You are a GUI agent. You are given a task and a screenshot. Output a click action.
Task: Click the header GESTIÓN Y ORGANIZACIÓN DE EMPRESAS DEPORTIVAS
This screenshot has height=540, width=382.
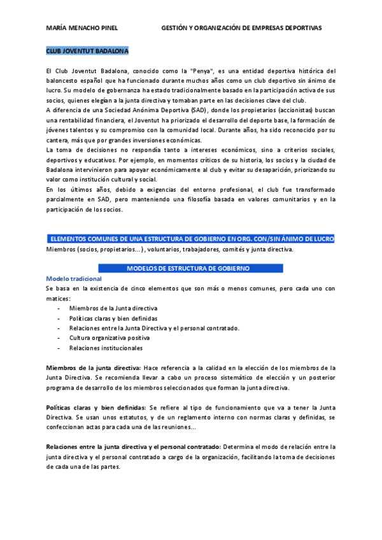click(242, 28)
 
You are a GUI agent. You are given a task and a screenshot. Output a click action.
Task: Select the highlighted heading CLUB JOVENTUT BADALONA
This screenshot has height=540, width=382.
click(87, 50)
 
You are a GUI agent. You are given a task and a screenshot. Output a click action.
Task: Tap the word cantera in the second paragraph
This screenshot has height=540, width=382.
click(57, 140)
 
